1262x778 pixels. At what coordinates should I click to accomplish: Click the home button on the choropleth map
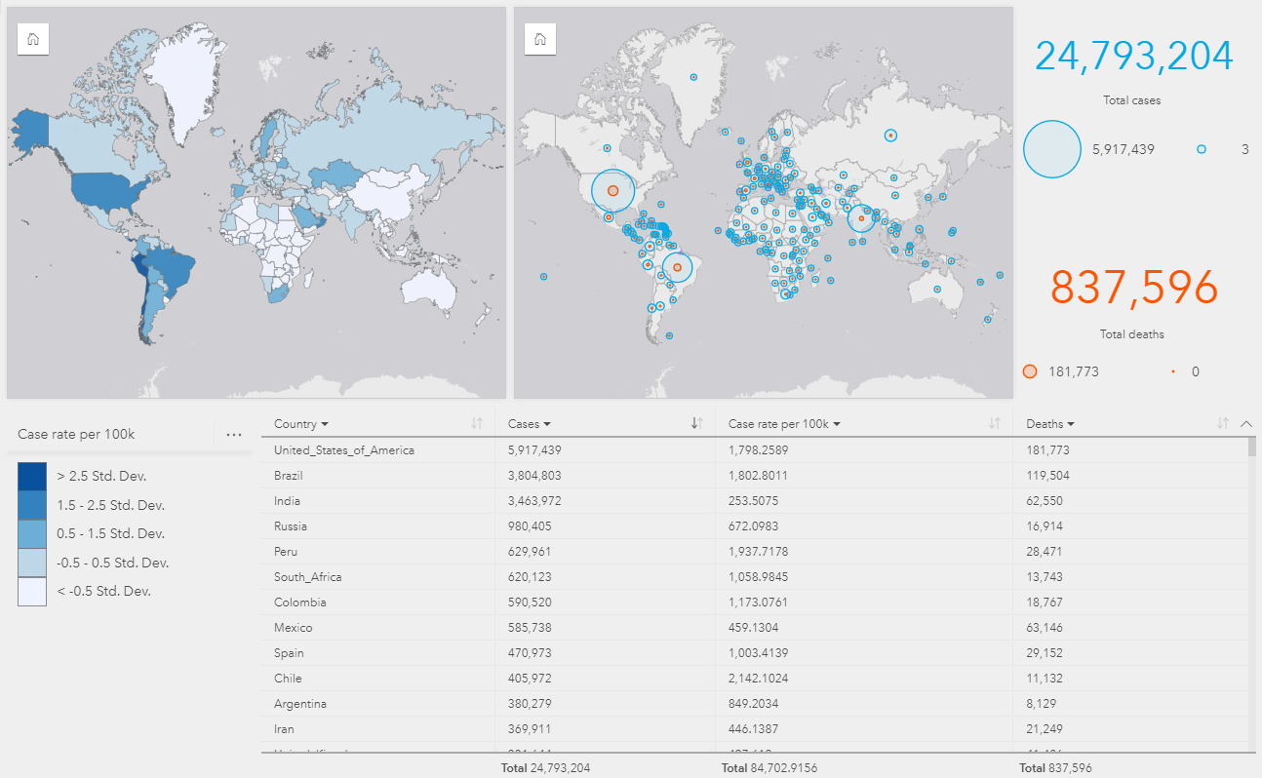click(33, 40)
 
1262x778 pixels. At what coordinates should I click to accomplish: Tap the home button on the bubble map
click(540, 40)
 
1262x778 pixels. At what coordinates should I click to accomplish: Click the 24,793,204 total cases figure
click(1133, 57)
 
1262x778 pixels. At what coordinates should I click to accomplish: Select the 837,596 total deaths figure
click(1133, 288)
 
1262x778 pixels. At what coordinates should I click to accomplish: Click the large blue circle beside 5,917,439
click(1052, 149)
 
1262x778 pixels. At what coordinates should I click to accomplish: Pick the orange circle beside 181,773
click(1030, 371)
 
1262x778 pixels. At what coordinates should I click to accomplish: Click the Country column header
click(300, 424)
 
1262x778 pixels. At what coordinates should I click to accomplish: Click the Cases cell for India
click(534, 501)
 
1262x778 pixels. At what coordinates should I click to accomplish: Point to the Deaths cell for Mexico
click(1045, 628)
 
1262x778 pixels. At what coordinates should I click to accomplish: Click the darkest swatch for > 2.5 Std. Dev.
click(32, 476)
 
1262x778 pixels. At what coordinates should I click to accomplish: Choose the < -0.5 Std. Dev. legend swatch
click(32, 591)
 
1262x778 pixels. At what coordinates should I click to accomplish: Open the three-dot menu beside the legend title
click(233, 435)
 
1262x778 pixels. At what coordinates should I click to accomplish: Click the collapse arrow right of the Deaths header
click(1245, 424)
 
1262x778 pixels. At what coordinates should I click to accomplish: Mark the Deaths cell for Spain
click(1045, 653)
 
